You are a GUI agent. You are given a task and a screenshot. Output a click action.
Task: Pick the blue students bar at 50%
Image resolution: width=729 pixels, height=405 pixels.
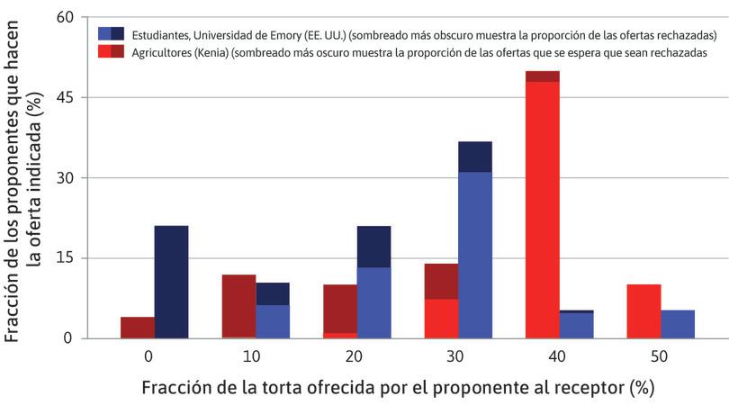678,324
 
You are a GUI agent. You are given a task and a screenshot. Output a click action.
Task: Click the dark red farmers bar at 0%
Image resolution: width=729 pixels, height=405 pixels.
138,328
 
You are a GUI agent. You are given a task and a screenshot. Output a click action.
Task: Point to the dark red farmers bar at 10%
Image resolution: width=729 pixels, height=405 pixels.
238,306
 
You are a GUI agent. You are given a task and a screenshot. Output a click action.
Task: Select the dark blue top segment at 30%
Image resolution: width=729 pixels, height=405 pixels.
475,157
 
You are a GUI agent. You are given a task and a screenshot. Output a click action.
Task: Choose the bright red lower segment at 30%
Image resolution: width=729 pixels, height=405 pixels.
441,319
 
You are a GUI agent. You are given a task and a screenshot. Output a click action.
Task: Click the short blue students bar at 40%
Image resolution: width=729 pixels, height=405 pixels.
577,325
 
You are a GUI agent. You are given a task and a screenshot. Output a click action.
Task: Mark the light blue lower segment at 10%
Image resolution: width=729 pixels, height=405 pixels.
273,321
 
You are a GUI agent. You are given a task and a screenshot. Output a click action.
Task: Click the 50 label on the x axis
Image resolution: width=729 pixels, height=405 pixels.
661,356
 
